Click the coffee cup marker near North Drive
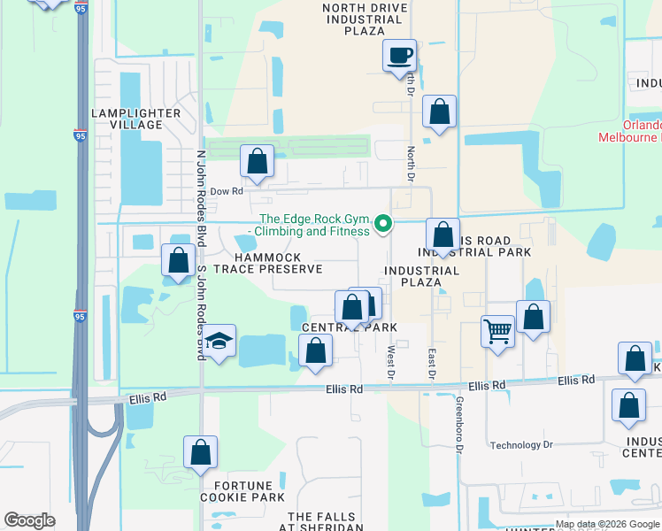pyautogui.click(x=398, y=57)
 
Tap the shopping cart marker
pyautogui.click(x=497, y=333)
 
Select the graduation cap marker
pyautogui.click(x=219, y=342)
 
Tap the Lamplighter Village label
pyautogui.click(x=135, y=119)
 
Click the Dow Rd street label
pyautogui.click(x=227, y=190)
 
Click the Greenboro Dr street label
pyautogui.click(x=460, y=437)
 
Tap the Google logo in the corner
pyautogui.click(x=29, y=519)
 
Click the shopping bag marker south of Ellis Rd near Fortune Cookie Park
pyautogui.click(x=201, y=452)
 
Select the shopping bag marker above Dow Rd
pyautogui.click(x=258, y=161)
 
